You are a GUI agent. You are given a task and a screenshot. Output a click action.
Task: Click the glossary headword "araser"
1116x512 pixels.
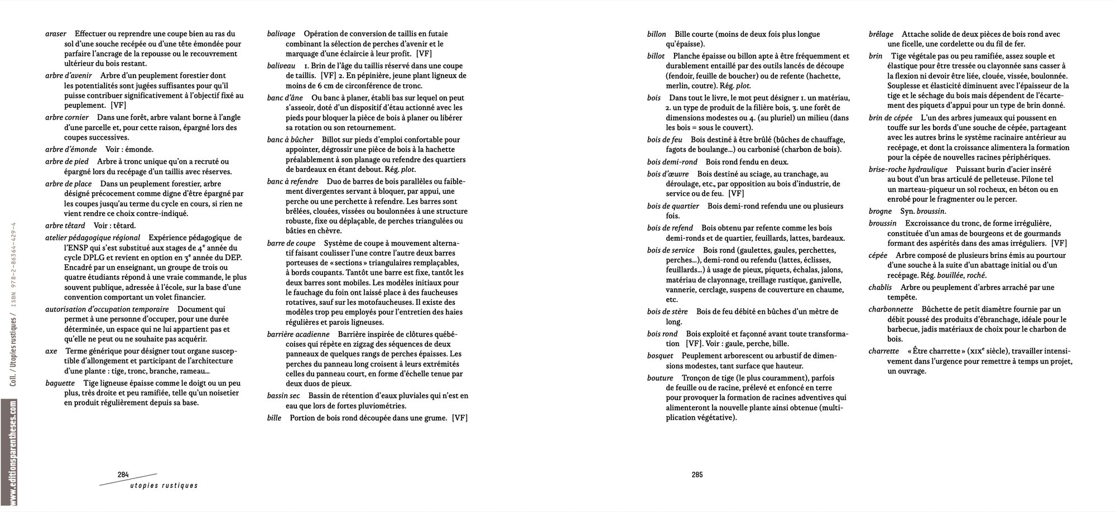click(x=56, y=34)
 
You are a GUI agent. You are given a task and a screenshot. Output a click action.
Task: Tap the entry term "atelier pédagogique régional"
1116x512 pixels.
click(x=93, y=237)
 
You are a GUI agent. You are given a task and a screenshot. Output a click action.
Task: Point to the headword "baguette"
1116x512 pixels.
click(x=60, y=383)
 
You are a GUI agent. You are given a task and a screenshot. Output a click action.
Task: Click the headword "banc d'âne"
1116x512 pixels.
click(x=285, y=98)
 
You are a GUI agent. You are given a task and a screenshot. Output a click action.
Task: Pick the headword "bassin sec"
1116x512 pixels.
click(x=283, y=396)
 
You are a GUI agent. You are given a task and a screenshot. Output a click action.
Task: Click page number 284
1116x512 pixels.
click(x=123, y=475)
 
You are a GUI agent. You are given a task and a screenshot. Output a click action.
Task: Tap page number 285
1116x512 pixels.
click(x=697, y=475)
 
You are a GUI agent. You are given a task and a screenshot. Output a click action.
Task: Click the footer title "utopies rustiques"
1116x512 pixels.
click(x=163, y=486)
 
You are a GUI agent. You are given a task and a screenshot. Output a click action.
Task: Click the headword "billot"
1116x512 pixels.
click(x=656, y=56)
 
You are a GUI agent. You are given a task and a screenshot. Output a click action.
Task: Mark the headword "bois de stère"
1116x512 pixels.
click(x=667, y=311)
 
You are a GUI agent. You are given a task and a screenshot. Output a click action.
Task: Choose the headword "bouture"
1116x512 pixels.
click(x=660, y=377)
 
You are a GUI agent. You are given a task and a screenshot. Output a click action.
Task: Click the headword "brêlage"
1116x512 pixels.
click(x=881, y=34)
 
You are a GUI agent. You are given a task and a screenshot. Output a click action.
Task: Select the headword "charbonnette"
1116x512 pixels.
click(x=891, y=309)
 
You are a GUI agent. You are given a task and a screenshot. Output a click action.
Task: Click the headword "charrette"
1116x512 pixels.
click(x=884, y=351)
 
